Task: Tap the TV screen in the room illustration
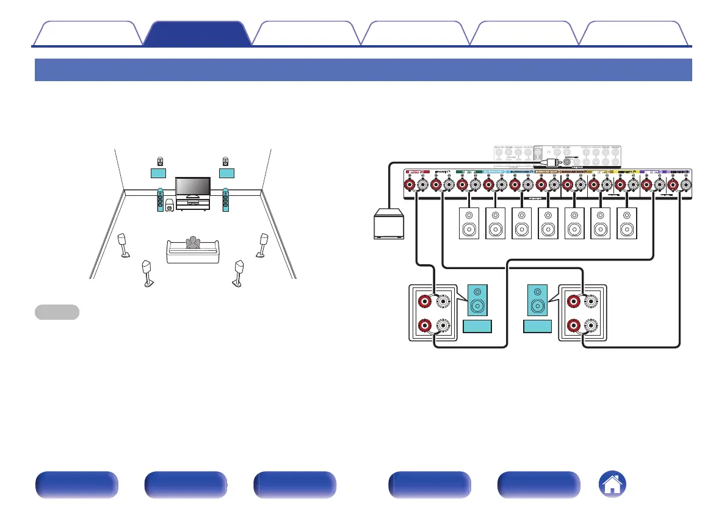[x=193, y=186]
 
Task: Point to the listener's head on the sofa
[x=194, y=241]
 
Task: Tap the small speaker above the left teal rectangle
[x=160, y=162]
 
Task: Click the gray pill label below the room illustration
[x=56, y=312]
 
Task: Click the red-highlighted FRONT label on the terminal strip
[x=419, y=173]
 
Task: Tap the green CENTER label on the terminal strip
[x=469, y=173]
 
